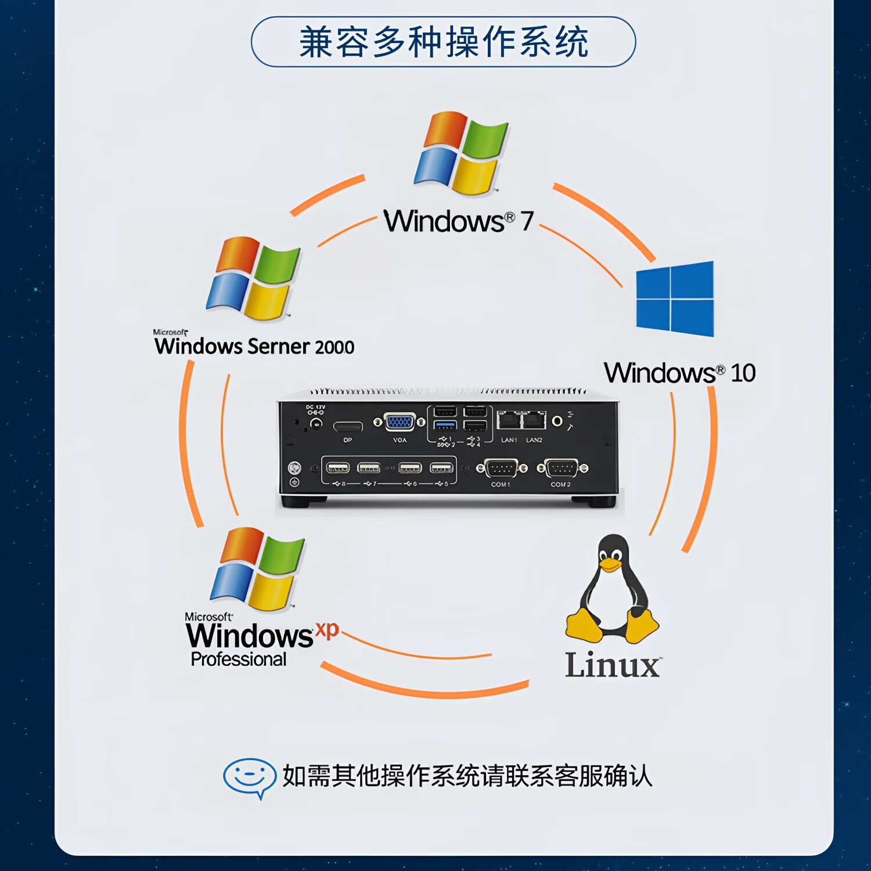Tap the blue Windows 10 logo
[675, 299]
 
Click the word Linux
[613, 665]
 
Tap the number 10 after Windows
[743, 373]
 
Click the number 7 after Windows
[527, 221]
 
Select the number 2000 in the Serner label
[334, 347]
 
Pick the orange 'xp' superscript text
[327, 629]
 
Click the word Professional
[239, 660]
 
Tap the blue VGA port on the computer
[399, 422]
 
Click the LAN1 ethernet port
[509, 420]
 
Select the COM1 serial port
[501, 468]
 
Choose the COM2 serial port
[562, 468]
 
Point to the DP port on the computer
[348, 427]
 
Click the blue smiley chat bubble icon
[249, 777]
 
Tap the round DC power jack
[316, 423]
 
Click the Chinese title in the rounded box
[444, 42]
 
